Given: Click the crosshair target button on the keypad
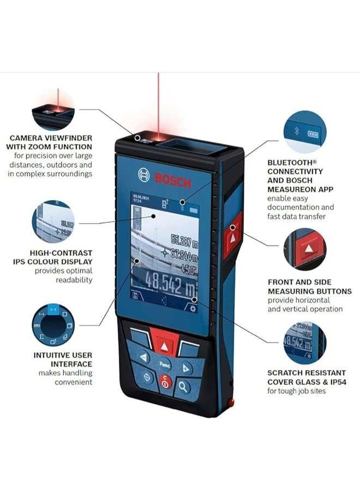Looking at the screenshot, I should click(146, 377).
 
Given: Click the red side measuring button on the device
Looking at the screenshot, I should click(232, 239).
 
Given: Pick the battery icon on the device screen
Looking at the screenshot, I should click(194, 209).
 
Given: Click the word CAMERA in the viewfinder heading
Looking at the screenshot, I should click(25, 139).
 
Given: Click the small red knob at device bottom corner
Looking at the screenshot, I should click(231, 403).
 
